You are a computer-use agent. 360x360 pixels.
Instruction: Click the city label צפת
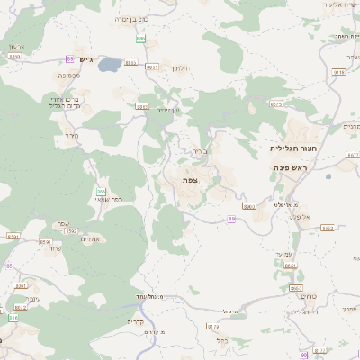pos(190,180)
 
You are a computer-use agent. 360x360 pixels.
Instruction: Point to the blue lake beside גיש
pos(110,65)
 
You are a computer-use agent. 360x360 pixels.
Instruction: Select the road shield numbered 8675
pos(275,103)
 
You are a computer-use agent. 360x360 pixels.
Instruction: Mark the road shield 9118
pos(338,71)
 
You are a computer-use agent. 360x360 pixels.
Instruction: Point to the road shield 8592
pos(69,231)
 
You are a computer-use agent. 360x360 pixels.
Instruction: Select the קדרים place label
pos(136,322)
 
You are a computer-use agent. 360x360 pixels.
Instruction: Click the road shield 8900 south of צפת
pos(232,219)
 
